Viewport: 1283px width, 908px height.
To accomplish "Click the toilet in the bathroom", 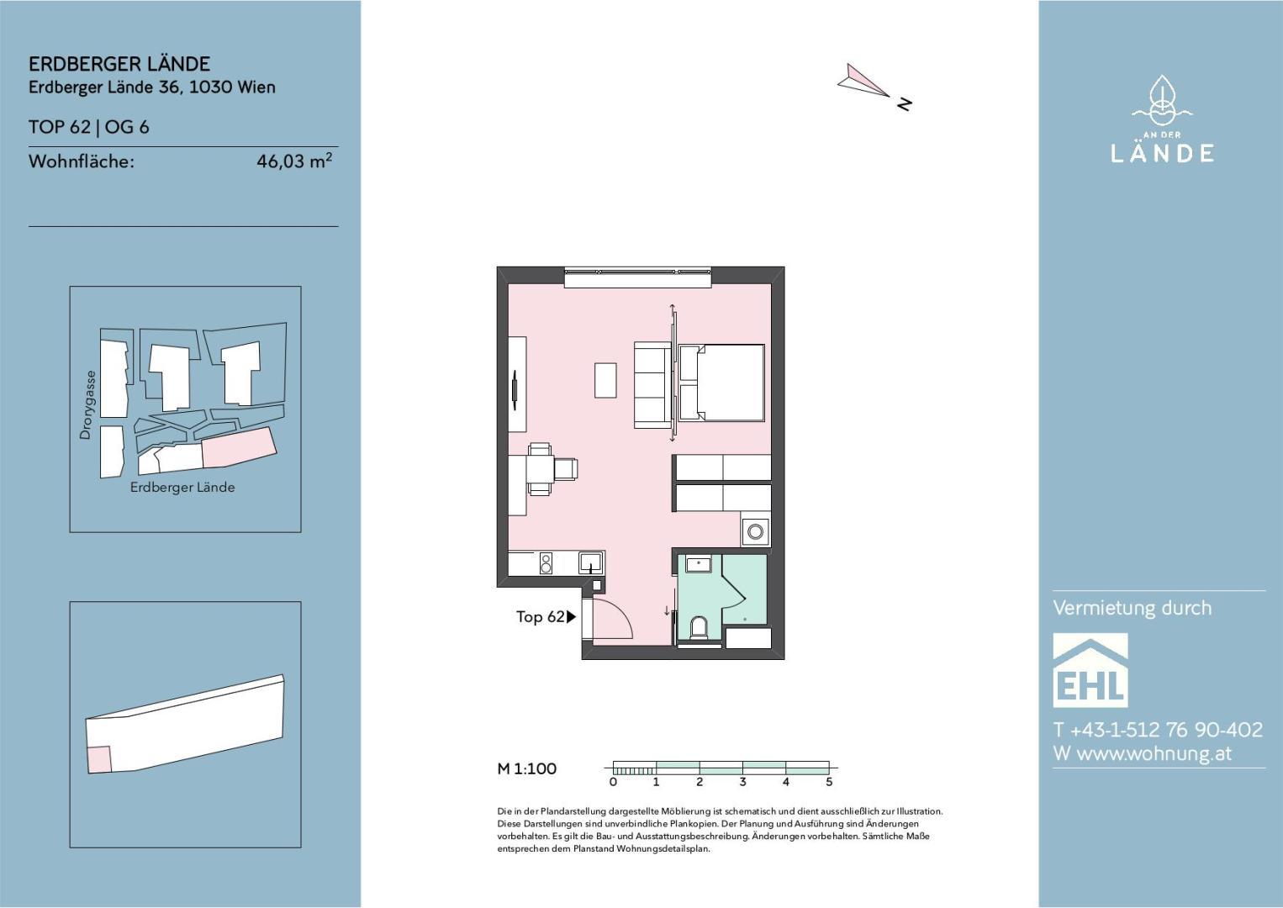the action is [x=699, y=626].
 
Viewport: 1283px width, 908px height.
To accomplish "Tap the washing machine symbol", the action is [x=755, y=531].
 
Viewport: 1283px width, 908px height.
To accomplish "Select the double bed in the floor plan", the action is [x=721, y=382].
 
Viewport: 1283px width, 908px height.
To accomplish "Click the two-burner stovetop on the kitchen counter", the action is [x=546, y=562].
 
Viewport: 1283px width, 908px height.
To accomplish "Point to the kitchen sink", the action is [x=590, y=562].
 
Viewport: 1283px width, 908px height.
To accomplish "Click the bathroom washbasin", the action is [x=698, y=563].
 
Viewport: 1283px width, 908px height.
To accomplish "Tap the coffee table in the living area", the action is [x=605, y=380].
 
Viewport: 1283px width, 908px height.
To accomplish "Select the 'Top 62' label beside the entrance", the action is [x=540, y=616].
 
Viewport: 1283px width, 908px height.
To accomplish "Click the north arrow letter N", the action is [x=905, y=104].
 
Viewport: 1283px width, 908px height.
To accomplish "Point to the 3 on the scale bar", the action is [x=742, y=782].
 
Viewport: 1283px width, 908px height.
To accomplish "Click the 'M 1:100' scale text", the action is [x=526, y=768].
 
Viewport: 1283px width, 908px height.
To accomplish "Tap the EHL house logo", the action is [x=1090, y=670].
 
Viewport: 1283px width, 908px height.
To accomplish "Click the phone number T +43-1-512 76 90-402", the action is [x=1158, y=729].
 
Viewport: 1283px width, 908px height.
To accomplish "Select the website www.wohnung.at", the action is [x=1154, y=753].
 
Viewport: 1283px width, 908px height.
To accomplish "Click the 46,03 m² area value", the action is [x=294, y=161].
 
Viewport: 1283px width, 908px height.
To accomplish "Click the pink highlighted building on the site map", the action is [x=240, y=448].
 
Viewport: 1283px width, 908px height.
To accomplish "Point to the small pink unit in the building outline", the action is [x=99, y=759].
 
